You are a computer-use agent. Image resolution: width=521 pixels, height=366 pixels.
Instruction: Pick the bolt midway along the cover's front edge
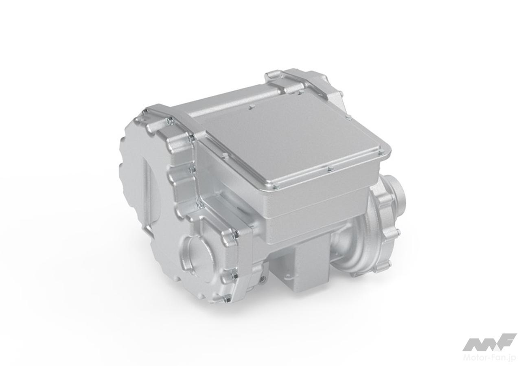(329, 169)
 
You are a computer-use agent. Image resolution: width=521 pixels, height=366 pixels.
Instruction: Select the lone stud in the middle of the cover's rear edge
(250, 107)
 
